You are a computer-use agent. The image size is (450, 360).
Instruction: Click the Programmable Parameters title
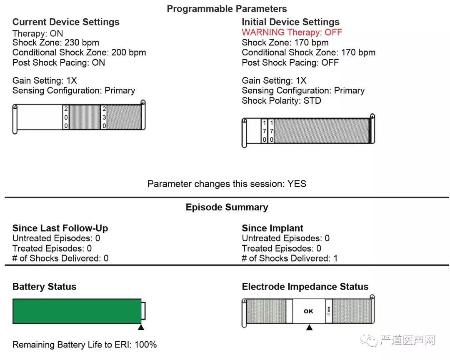click(x=227, y=9)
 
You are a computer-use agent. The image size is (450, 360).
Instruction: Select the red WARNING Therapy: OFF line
click(x=292, y=32)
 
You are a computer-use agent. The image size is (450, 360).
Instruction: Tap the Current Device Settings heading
click(x=66, y=22)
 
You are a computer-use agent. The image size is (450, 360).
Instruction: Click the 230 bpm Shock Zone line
click(x=56, y=42)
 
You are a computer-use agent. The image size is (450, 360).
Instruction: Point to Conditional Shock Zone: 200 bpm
click(x=79, y=52)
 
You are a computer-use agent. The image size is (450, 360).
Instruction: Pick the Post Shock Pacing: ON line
click(x=59, y=62)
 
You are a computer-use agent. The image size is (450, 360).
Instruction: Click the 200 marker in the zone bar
click(x=66, y=117)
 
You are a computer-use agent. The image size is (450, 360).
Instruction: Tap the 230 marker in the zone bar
click(x=104, y=117)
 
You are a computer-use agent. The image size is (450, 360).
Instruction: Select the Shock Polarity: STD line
click(x=281, y=101)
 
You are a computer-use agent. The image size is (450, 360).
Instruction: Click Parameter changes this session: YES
click(x=227, y=184)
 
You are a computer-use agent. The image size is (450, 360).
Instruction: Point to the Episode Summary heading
click(x=227, y=207)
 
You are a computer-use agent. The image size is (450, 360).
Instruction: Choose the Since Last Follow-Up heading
click(x=60, y=228)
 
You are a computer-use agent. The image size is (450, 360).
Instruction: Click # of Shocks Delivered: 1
click(x=290, y=258)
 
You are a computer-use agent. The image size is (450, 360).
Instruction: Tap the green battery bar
click(x=77, y=312)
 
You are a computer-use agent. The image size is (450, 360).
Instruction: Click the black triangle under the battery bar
click(x=141, y=327)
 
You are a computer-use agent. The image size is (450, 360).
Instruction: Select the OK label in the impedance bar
click(x=308, y=311)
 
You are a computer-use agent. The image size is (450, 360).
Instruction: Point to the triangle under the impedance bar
click(x=309, y=327)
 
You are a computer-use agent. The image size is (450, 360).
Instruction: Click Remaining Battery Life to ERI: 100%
click(x=84, y=345)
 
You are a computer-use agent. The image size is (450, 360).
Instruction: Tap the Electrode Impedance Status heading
click(x=305, y=287)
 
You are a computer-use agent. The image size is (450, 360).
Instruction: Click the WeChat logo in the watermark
click(x=369, y=340)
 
